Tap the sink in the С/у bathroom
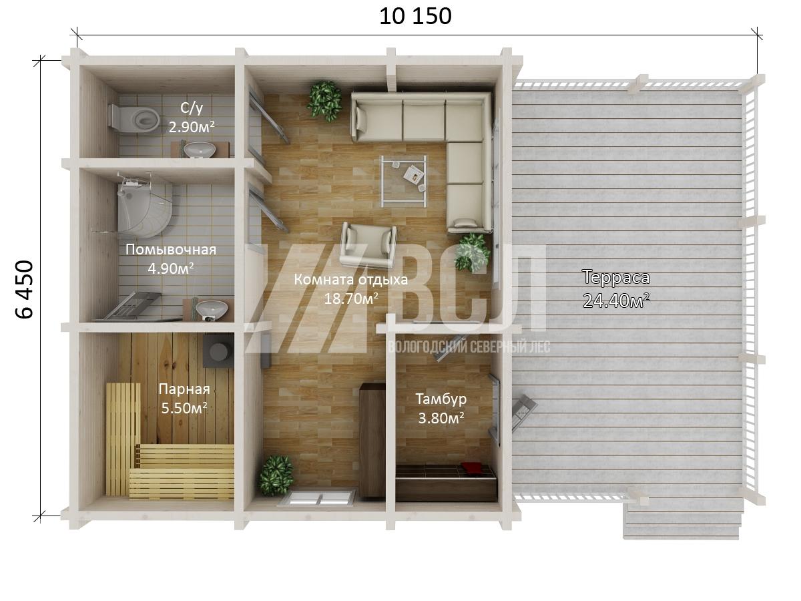click(x=199, y=150)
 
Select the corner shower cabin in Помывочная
click(x=144, y=206)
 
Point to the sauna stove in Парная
click(x=218, y=351)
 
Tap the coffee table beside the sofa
click(x=404, y=181)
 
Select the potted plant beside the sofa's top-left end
click(x=324, y=101)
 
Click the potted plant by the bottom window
click(x=276, y=475)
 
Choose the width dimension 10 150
click(x=415, y=17)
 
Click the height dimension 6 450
click(x=25, y=289)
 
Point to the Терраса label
click(x=616, y=277)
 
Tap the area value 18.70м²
click(x=350, y=298)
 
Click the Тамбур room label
click(x=441, y=399)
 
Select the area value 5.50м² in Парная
click(x=184, y=408)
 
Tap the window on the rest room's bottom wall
click(x=316, y=497)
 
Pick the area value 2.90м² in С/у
click(x=191, y=127)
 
